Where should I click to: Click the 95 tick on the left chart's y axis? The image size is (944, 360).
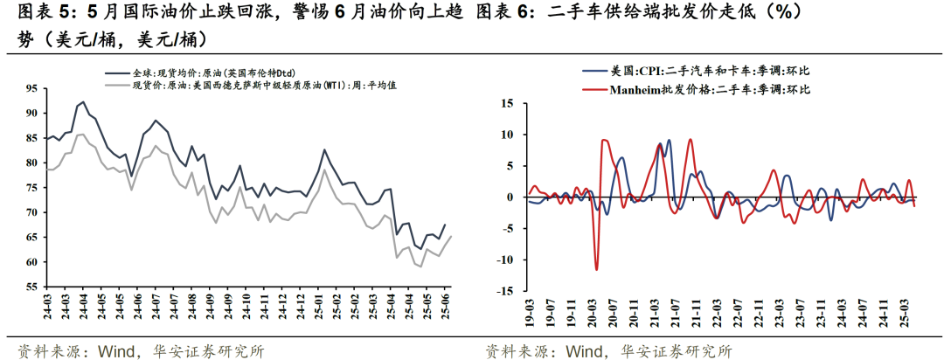(x=31, y=88)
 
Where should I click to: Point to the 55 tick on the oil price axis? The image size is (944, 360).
(x=31, y=287)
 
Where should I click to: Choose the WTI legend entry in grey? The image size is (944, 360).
(x=253, y=87)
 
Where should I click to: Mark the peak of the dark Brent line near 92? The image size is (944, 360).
(x=82, y=102)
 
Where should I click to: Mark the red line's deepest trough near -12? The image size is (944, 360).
(x=597, y=269)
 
